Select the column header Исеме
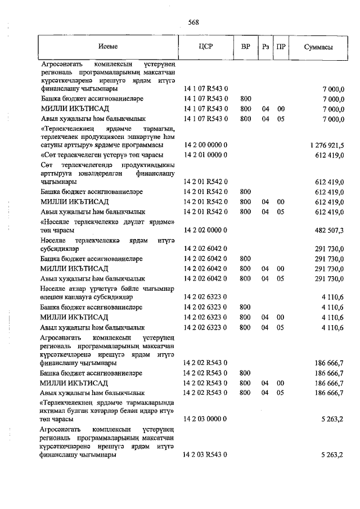(107, 47)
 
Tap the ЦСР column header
(205, 47)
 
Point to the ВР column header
(245, 47)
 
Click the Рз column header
(265, 47)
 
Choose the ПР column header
(280, 47)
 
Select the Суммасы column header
(318, 47)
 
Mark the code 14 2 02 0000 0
(205, 231)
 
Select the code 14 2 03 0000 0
(205, 419)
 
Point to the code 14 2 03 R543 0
(205, 455)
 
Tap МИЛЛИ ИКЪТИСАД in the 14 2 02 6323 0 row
(74, 317)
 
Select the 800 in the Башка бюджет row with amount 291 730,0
(245, 259)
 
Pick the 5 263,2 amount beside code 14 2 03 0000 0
(332, 419)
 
